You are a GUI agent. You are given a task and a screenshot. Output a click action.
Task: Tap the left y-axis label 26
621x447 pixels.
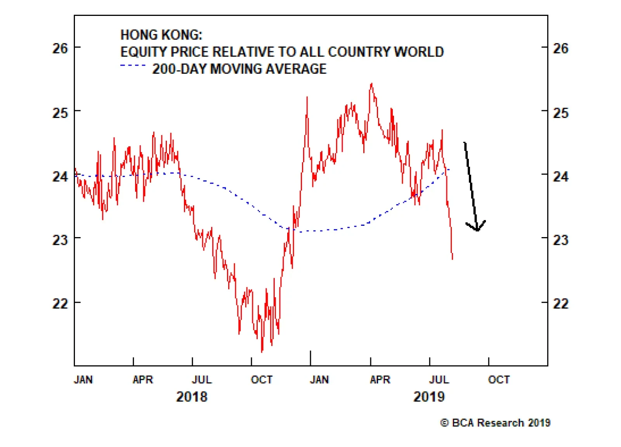pyautogui.click(x=60, y=49)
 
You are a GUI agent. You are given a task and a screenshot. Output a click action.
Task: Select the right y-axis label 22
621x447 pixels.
pyautogui.click(x=560, y=303)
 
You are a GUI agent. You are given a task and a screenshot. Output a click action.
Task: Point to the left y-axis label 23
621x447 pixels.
pyautogui.click(x=60, y=240)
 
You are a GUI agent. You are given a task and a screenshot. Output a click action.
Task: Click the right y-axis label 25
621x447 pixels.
pyautogui.click(x=560, y=113)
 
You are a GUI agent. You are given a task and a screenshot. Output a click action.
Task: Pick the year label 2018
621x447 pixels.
pyautogui.click(x=192, y=397)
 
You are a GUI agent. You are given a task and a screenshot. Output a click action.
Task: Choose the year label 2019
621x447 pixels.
pyautogui.click(x=429, y=397)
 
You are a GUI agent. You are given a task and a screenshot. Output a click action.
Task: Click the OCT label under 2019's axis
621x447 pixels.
pyautogui.click(x=499, y=379)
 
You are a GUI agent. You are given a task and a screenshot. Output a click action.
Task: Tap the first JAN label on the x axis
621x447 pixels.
pyautogui.click(x=83, y=379)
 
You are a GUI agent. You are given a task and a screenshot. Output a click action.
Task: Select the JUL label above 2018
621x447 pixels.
pyautogui.click(x=202, y=379)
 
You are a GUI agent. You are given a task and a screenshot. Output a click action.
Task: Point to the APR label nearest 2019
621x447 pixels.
pyautogui.click(x=380, y=379)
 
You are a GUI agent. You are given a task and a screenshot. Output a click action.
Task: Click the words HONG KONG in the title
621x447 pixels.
pyautogui.click(x=161, y=35)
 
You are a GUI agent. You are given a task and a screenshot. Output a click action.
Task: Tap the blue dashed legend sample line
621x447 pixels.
pyautogui.click(x=133, y=66)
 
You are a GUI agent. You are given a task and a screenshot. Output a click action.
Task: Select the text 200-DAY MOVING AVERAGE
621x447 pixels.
pyautogui.click(x=239, y=69)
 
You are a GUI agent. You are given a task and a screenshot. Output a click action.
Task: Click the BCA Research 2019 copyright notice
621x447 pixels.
pyautogui.click(x=495, y=423)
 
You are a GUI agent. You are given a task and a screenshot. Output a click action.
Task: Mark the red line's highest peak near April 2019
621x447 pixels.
pyautogui.click(x=371, y=83)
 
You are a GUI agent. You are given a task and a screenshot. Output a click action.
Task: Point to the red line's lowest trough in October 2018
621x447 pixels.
pyautogui.click(x=262, y=352)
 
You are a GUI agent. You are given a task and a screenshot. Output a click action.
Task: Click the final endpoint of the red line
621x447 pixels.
pyautogui.click(x=453, y=259)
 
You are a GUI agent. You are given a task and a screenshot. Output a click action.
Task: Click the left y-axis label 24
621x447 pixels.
pyautogui.click(x=60, y=177)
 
